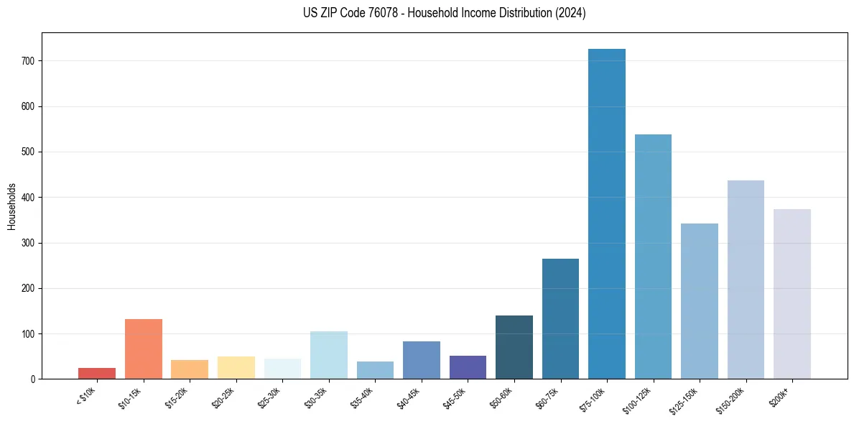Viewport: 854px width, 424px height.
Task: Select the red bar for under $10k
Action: [97, 374]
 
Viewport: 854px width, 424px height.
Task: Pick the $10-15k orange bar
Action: [143, 349]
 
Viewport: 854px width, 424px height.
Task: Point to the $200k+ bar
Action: [792, 294]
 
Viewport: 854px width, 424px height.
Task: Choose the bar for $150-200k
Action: [746, 280]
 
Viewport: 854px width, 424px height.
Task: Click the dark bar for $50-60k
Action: [514, 347]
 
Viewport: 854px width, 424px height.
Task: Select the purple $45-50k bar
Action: [468, 367]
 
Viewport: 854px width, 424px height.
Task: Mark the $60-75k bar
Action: [560, 319]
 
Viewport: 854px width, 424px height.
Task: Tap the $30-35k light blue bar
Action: [329, 355]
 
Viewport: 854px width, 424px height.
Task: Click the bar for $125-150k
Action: [699, 301]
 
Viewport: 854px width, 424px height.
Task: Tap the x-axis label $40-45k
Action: [407, 397]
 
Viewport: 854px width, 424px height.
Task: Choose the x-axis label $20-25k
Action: [222, 397]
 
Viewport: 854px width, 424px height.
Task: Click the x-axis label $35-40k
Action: [361, 397]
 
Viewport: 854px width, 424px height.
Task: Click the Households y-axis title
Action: [12, 206]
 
